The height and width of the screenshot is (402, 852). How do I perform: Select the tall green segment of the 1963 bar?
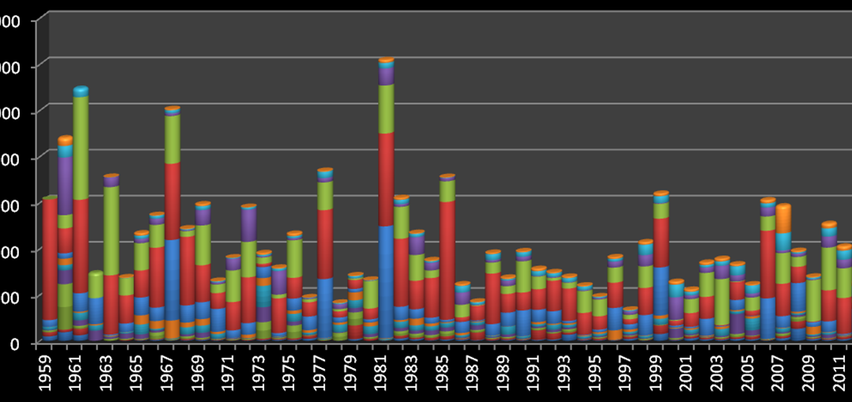click(111, 230)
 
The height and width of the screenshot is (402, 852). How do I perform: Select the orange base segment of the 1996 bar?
click(615, 335)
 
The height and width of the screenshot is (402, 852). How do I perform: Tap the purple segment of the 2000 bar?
click(676, 307)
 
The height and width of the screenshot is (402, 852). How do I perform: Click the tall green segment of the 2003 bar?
click(722, 301)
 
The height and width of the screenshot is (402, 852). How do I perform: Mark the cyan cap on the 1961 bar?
click(80, 92)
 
